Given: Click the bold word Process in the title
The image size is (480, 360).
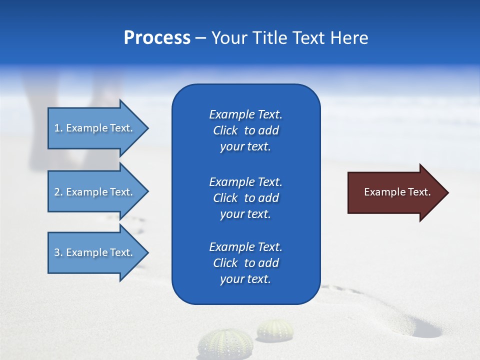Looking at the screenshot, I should [157, 38].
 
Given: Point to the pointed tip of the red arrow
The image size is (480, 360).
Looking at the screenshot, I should [447, 192].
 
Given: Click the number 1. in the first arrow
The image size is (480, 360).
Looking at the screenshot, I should [58, 128].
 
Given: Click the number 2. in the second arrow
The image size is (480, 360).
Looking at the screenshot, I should [58, 192].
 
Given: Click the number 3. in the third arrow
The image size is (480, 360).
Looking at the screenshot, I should [58, 252].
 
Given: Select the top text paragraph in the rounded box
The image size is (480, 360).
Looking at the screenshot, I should [245, 130].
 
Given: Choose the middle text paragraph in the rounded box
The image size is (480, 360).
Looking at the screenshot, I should [245, 197].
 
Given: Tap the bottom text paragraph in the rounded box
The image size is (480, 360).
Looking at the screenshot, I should [245, 263].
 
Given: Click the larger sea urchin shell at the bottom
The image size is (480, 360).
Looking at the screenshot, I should [225, 345].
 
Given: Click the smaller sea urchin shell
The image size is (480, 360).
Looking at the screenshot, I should [275, 330].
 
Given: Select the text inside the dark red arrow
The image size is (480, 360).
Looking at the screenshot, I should [397, 192].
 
